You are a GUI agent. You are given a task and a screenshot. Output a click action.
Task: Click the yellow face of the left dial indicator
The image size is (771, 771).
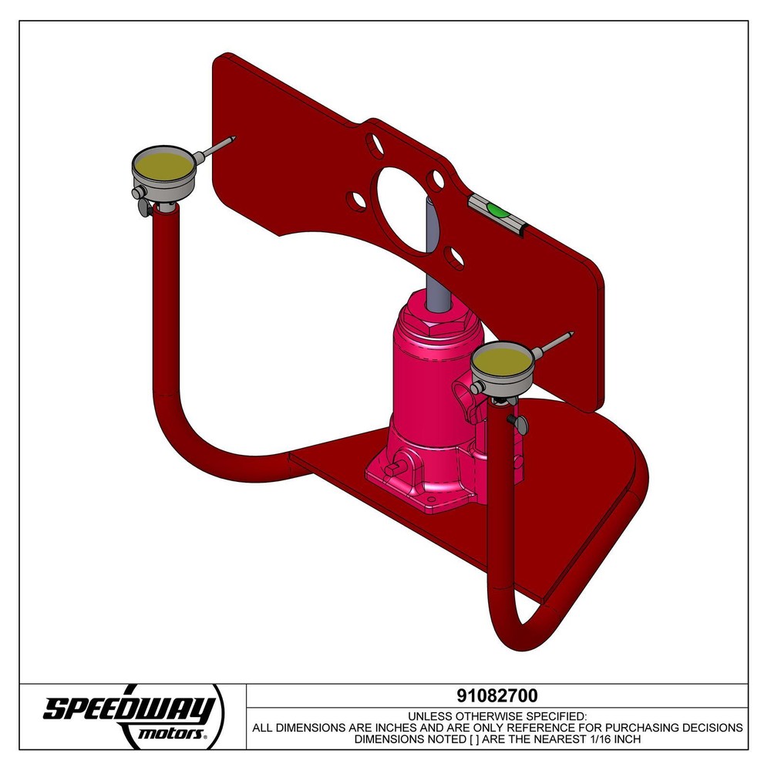tap(163, 164)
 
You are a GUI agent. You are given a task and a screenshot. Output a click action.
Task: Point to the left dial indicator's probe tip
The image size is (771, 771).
tap(231, 140)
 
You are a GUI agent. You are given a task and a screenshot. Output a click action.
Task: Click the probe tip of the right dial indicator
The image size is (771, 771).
tap(571, 334)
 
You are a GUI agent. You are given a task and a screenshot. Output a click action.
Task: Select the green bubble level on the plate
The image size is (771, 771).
tap(497, 209)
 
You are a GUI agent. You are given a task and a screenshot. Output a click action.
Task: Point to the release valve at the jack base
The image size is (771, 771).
tap(396, 466)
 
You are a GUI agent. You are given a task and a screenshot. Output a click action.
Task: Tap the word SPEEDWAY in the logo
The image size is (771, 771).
tap(128, 708)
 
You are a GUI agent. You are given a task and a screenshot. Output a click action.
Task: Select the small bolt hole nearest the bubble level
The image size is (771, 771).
tap(437, 180)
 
